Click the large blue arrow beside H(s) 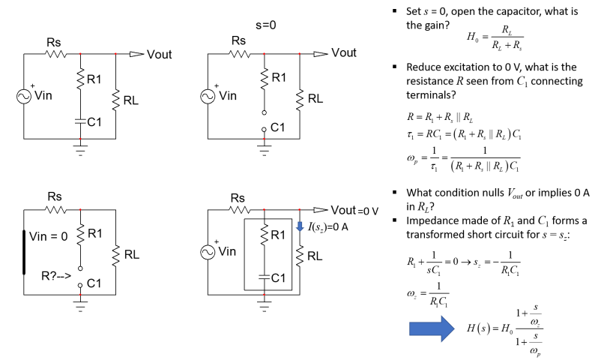(x=432, y=328)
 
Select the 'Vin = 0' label (x=48, y=235)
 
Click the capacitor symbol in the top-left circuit (x=80, y=119)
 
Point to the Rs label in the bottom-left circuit (x=55, y=197)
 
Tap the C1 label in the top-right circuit (x=278, y=128)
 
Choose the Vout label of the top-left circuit (x=160, y=54)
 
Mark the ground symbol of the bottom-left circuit (x=80, y=303)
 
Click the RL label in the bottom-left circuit (x=131, y=254)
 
